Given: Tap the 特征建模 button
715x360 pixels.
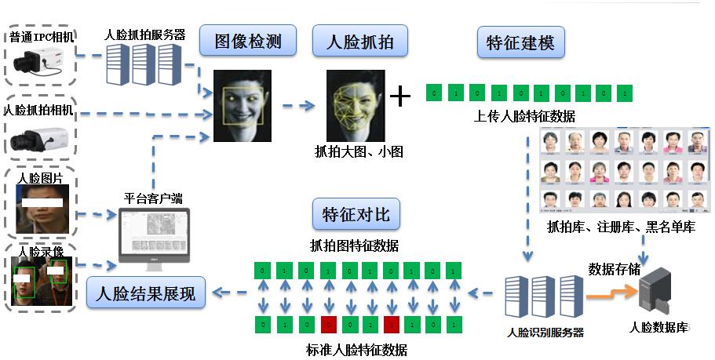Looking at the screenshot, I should (520, 42).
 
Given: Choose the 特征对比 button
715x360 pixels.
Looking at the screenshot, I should (356, 214).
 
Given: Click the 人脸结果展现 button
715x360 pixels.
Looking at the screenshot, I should (146, 294).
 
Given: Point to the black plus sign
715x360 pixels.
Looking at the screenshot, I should (400, 96).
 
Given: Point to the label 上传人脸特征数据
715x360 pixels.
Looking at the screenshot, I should (524, 117).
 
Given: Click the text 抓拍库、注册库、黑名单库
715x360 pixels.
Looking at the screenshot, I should (621, 227).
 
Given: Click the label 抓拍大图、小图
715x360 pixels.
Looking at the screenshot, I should (358, 151).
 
